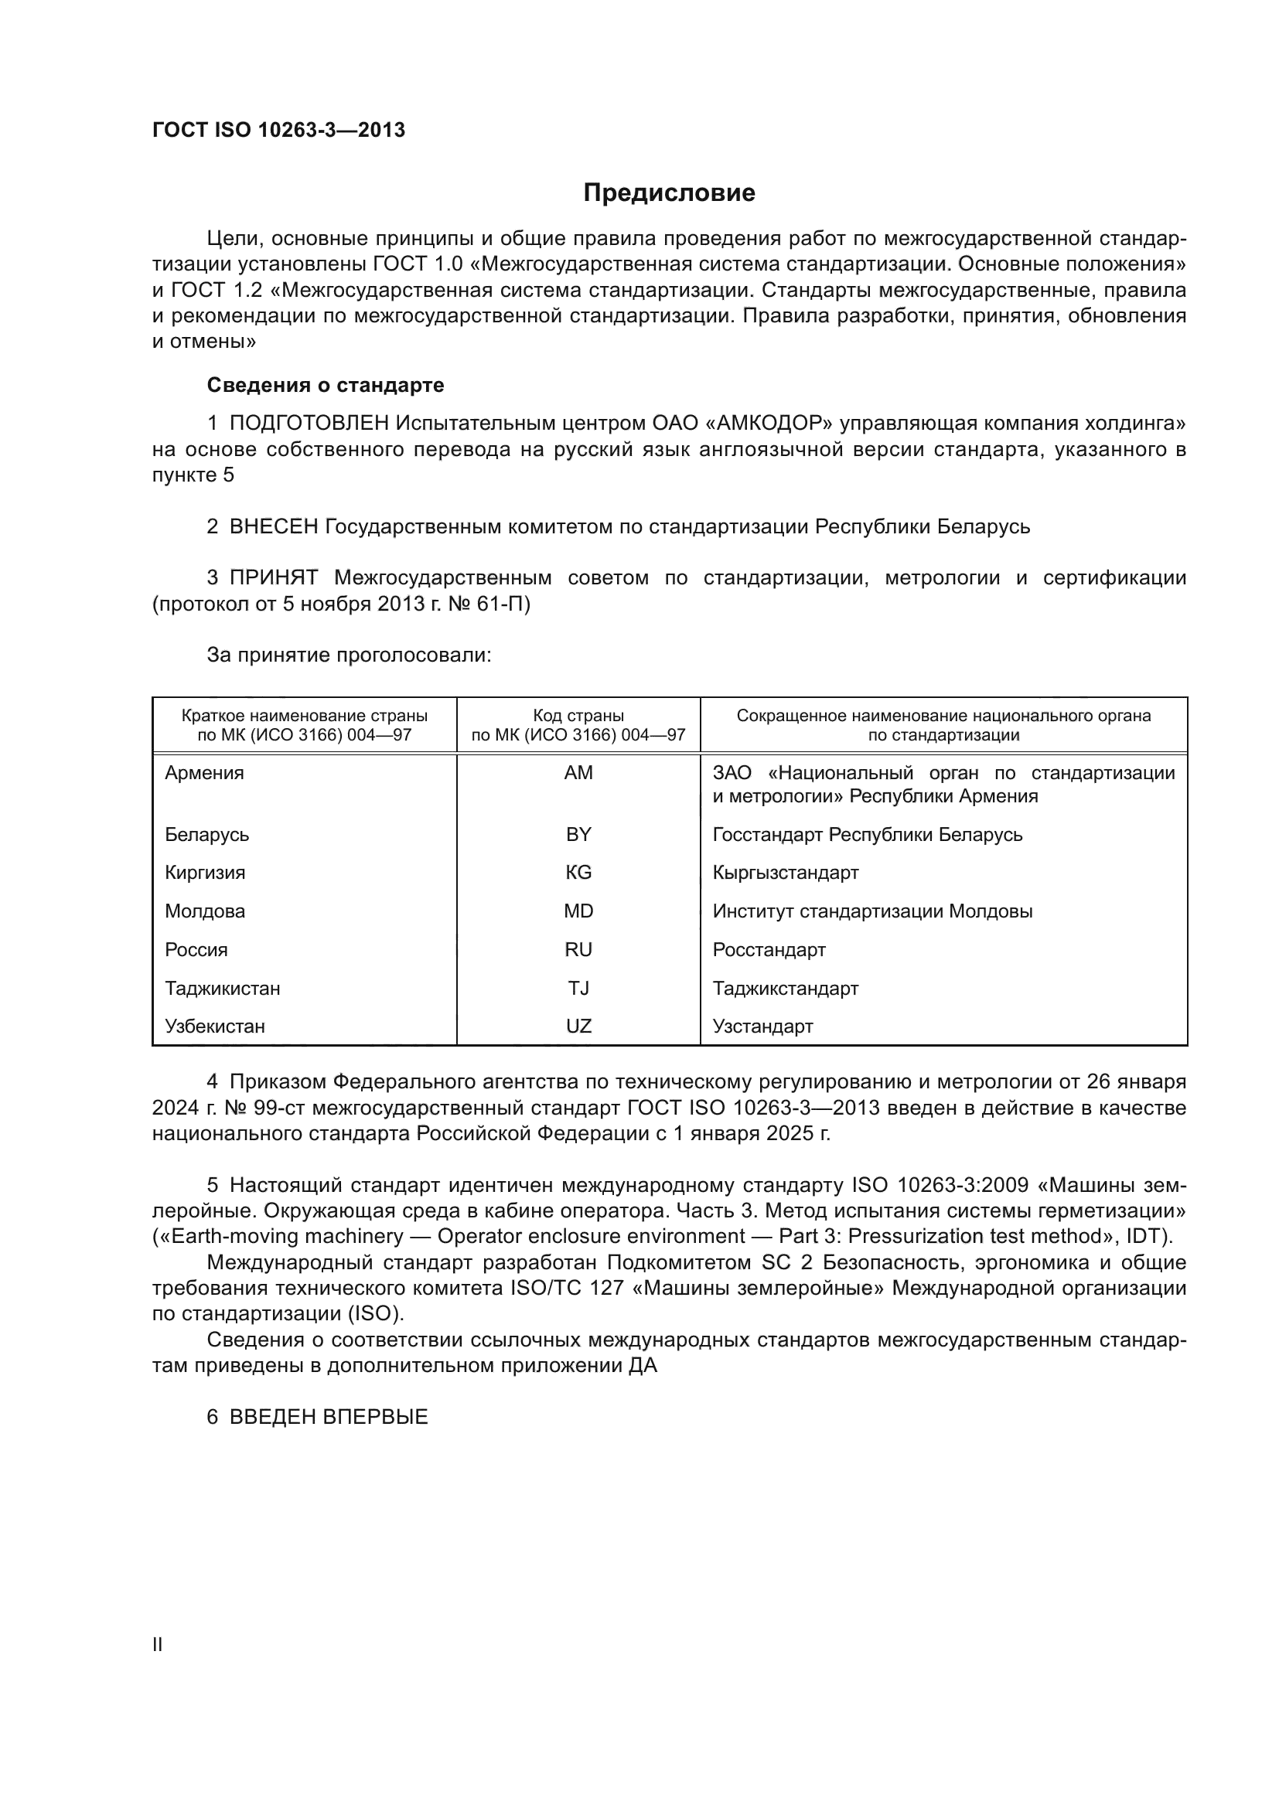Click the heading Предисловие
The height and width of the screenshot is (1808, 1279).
point(669,193)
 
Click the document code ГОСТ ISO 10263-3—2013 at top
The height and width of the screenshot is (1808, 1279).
point(279,130)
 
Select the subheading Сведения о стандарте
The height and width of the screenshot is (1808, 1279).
point(326,385)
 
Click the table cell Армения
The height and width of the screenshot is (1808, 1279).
point(205,772)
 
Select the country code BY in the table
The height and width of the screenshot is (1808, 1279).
point(578,834)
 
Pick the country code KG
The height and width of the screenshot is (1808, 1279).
point(578,873)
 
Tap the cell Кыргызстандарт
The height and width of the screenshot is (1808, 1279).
point(785,873)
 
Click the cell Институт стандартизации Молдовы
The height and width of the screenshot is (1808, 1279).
point(871,911)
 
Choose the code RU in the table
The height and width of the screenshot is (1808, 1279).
point(578,950)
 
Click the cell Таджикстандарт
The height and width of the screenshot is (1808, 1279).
point(785,989)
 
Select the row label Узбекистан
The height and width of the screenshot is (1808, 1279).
point(215,1026)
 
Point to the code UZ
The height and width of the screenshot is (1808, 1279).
point(578,1026)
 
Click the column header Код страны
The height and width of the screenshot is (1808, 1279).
point(578,716)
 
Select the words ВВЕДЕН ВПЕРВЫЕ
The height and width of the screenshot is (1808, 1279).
point(329,1417)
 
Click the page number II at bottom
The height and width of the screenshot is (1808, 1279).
point(158,1644)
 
